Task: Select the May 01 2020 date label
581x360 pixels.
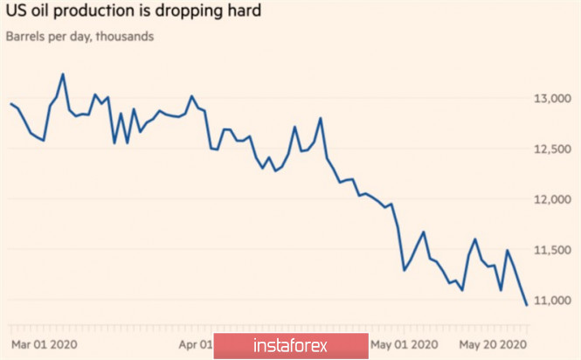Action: coord(403,344)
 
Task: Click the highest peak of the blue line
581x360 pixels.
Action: coord(63,74)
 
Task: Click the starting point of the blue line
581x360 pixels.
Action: coord(10,104)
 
